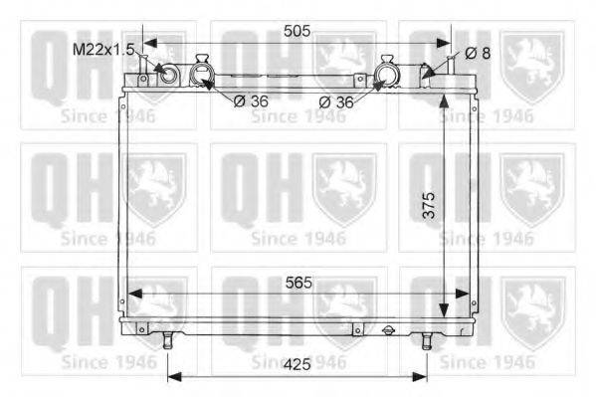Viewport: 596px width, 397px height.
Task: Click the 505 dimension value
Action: tap(297, 31)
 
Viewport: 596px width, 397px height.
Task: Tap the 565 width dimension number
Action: tap(298, 283)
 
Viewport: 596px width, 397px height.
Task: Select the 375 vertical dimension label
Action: tap(429, 205)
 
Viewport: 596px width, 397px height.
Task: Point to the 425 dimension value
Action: tap(298, 365)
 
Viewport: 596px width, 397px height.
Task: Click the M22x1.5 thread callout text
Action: tap(103, 50)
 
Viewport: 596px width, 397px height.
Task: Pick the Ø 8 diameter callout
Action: tap(478, 54)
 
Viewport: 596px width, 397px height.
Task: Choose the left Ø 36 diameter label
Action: tap(251, 101)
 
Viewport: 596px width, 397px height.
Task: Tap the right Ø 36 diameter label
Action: tap(336, 101)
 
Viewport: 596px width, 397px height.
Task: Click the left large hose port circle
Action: tap(202, 74)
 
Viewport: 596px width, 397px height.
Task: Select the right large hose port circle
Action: tap(386, 74)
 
